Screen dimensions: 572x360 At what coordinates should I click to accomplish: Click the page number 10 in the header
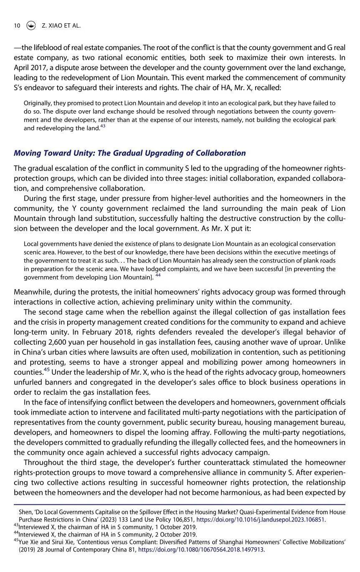[17, 25]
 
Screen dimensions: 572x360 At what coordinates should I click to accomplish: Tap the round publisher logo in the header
[31, 25]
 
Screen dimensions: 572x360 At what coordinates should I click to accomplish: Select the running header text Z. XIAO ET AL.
[61, 25]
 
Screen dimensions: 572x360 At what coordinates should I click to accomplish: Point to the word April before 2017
[23, 68]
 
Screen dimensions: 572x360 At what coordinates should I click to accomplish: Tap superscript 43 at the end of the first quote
[102, 126]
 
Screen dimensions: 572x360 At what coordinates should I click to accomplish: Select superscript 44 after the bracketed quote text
[158, 275]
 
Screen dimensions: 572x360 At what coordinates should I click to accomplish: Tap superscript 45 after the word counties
[47, 370]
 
